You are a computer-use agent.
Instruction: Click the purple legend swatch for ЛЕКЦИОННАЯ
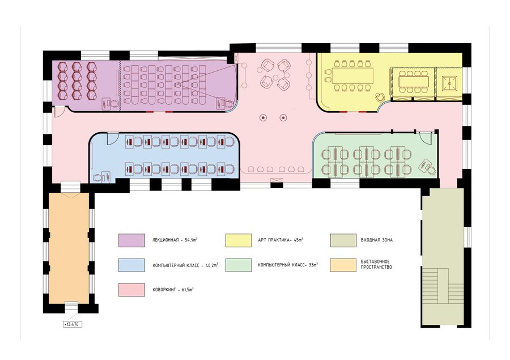[x=131, y=240]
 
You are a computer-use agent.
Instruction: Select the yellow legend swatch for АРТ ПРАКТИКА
[x=239, y=240]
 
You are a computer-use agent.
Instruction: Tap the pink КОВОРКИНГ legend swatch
[x=131, y=290]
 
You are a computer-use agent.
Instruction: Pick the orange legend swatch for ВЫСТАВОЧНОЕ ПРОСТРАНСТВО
[x=343, y=265]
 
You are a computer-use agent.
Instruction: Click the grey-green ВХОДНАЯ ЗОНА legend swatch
[x=343, y=240]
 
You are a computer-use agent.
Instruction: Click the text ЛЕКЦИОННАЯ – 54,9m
[x=175, y=240]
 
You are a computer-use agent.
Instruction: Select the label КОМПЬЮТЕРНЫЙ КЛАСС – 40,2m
[x=185, y=265]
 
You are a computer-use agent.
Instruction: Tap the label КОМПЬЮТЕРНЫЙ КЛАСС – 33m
[x=287, y=265]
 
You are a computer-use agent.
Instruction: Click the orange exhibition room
[x=69, y=248]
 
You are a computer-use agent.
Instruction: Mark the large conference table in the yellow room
[x=352, y=75]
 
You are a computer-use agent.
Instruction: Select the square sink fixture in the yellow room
[x=449, y=84]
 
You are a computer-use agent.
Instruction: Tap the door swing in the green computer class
[x=424, y=137]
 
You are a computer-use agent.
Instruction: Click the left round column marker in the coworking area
[x=263, y=117]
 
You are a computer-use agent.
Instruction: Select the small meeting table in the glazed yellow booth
[x=413, y=82]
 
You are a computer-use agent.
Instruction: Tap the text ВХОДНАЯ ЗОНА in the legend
[x=377, y=240]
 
